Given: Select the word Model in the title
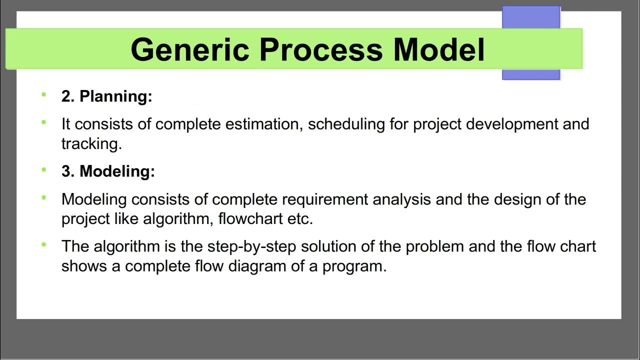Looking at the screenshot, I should (439, 49).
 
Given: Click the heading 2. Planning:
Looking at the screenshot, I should (106, 96).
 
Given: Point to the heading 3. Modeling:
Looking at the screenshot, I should (108, 171).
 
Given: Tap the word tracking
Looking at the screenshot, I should (91, 144).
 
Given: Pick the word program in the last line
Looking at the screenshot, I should (354, 266).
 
